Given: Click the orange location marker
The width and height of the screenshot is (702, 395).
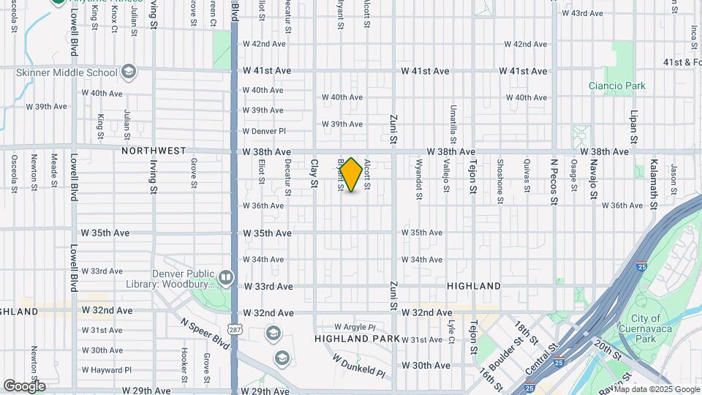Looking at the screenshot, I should pyautogui.click(x=351, y=174).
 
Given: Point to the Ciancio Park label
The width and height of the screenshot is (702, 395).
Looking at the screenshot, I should pyautogui.click(x=617, y=86).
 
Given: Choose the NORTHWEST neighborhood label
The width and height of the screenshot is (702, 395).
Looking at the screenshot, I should pyautogui.click(x=154, y=151).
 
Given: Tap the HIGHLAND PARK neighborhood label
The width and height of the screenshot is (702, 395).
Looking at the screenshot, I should pyautogui.click(x=358, y=339).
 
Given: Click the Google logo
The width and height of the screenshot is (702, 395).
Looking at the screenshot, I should pyautogui.click(x=24, y=385).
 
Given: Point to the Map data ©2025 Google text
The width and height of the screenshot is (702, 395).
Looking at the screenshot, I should pyautogui.click(x=656, y=389).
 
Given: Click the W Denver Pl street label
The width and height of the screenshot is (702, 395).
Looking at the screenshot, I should pyautogui.click(x=263, y=131).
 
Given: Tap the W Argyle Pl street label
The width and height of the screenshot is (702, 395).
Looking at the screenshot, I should pyautogui.click(x=355, y=326).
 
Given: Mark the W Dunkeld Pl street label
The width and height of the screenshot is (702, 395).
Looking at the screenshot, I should pyautogui.click(x=358, y=366).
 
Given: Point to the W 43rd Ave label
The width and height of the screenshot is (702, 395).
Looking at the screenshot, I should pyautogui.click(x=581, y=13).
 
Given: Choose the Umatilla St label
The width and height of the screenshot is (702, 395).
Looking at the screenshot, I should pyautogui.click(x=453, y=124).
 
